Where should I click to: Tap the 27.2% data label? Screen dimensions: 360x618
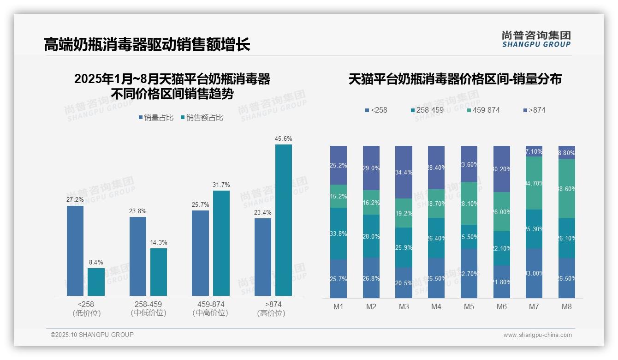75,200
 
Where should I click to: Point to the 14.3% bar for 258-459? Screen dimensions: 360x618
159,272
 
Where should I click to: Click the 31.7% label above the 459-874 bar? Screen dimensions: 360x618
221,185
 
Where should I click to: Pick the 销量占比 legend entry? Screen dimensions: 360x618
156,118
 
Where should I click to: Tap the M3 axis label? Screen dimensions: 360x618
404,306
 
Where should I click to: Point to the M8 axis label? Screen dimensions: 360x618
567,306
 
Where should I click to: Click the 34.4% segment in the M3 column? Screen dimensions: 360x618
404,172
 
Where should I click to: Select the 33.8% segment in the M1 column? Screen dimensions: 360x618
339,234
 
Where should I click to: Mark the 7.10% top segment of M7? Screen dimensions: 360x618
534,151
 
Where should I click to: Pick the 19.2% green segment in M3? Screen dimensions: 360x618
404,213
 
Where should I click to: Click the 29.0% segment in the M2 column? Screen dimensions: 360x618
371,168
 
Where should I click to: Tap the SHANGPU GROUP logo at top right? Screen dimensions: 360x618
536,39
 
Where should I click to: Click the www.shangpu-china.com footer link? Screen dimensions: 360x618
537,335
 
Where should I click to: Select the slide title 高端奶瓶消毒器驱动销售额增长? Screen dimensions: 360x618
147,44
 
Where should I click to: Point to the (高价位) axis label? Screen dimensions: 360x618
271,313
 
